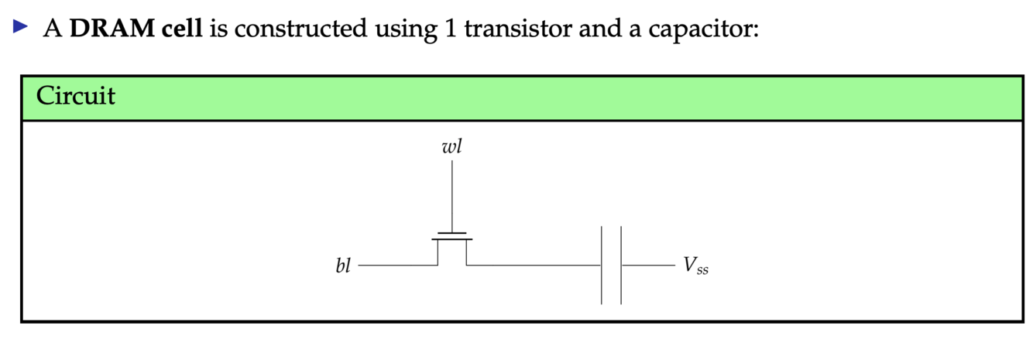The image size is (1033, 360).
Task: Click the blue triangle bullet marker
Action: (x=21, y=28)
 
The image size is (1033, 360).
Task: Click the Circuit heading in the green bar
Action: (x=75, y=96)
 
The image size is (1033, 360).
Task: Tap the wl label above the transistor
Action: (x=451, y=146)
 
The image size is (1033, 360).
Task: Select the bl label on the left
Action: (x=343, y=266)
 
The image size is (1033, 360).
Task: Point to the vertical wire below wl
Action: (x=451, y=194)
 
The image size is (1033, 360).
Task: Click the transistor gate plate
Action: (x=451, y=232)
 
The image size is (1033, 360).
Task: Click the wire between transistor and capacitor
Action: (x=534, y=265)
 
